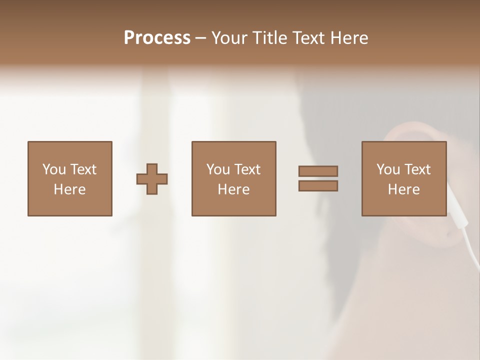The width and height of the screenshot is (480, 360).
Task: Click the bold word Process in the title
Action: (157, 38)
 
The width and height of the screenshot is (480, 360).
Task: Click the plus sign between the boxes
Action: (152, 179)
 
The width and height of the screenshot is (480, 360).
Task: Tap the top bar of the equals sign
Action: (318, 171)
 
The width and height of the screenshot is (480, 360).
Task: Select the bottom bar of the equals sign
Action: (318, 186)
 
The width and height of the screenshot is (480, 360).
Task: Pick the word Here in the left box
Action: (69, 189)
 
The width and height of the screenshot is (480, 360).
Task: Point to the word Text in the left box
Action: (82, 169)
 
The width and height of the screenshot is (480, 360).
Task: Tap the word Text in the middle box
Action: (247, 169)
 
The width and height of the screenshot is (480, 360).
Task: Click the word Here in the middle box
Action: (233, 189)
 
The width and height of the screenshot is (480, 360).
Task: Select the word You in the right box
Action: (388, 169)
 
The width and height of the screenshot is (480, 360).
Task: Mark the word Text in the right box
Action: (417, 169)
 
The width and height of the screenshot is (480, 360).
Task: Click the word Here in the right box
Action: (403, 189)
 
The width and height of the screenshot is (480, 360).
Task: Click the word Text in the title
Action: (306, 38)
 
